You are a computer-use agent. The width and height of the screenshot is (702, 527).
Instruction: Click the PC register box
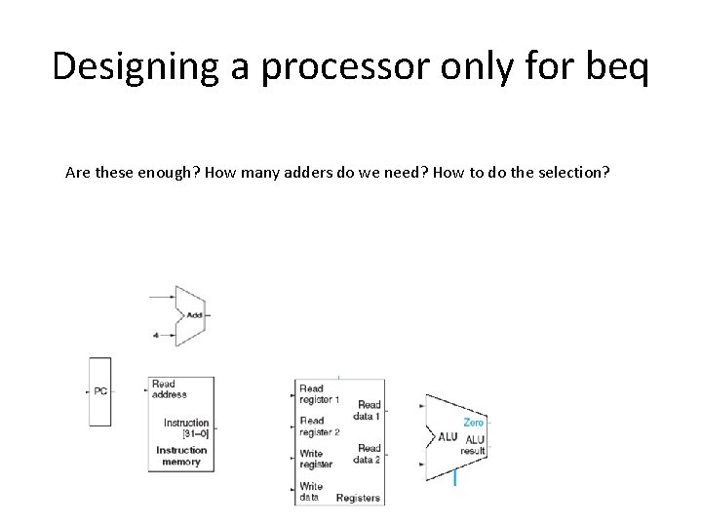pyautogui.click(x=100, y=390)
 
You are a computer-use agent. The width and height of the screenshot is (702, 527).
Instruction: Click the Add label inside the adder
pyautogui.click(x=194, y=315)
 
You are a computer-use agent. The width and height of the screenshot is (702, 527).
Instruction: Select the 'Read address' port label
pyautogui.click(x=169, y=390)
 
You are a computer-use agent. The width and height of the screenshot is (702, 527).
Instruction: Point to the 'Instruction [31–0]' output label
pyautogui.click(x=186, y=427)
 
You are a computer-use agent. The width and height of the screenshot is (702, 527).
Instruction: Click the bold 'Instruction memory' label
pyautogui.click(x=181, y=456)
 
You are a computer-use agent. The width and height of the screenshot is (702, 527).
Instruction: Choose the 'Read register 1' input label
pyautogui.click(x=319, y=393)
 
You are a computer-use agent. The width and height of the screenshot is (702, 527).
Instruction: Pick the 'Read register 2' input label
pyautogui.click(x=319, y=426)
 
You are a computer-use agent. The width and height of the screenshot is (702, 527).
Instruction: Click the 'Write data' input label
pyautogui.click(x=311, y=491)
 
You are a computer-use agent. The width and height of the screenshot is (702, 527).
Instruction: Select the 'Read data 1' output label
pyautogui.click(x=369, y=409)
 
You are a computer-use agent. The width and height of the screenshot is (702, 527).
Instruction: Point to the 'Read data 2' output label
pyautogui.click(x=367, y=454)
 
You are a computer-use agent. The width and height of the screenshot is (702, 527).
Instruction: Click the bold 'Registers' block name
pyautogui.click(x=358, y=498)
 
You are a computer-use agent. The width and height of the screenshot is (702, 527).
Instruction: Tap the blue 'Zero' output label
pyautogui.click(x=473, y=423)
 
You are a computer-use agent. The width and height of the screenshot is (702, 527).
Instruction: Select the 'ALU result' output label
pyautogui.click(x=474, y=446)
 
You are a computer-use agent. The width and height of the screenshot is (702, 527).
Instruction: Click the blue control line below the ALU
pyautogui.click(x=455, y=477)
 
